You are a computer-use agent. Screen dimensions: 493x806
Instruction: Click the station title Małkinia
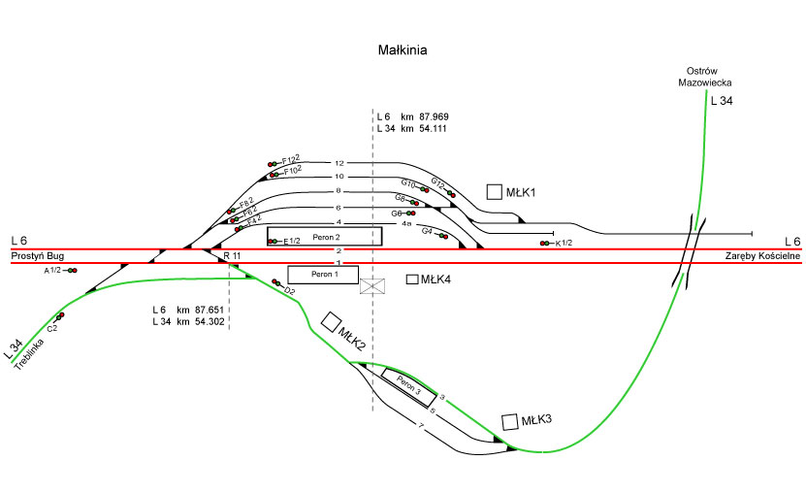click(403, 48)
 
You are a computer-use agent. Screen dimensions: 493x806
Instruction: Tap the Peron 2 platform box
click(325, 236)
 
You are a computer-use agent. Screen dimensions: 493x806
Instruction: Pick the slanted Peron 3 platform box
click(408, 385)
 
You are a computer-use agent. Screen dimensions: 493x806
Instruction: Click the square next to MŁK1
click(495, 192)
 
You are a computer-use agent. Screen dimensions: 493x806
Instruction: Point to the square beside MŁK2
click(332, 321)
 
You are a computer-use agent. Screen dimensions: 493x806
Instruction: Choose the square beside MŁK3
click(510, 421)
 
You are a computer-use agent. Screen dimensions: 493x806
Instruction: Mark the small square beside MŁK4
click(412, 279)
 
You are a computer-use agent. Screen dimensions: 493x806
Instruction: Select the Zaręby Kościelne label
click(762, 255)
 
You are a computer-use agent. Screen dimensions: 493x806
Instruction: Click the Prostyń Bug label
click(38, 255)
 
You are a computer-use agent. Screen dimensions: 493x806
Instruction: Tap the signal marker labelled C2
click(60, 315)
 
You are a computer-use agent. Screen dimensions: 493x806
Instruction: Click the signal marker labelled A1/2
click(72, 271)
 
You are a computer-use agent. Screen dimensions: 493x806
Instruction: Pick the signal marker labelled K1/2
click(548, 243)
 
